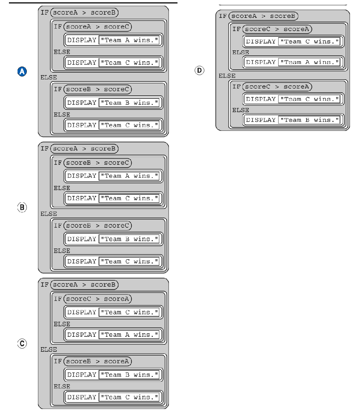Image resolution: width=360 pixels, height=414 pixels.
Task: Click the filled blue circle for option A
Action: pos(22,72)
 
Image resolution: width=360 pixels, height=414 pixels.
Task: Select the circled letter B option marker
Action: pos(22,208)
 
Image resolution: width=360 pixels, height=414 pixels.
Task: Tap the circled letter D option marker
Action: pos(197,70)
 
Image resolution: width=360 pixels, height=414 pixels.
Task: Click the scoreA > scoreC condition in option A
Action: pos(97,26)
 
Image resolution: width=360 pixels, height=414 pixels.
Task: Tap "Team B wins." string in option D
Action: pos(310,120)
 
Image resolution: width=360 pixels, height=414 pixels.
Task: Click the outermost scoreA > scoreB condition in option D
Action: pos(263,16)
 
